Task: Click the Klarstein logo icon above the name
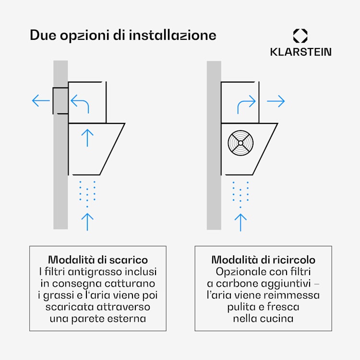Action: coord(300,36)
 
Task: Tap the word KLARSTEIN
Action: coord(300,52)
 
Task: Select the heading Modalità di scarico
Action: coord(98,260)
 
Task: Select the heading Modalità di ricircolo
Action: coord(263,260)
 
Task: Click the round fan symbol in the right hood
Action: coord(240,142)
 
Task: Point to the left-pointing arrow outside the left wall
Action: coord(41,101)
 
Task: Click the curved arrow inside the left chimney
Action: coord(80,102)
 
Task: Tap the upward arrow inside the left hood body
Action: coord(87,137)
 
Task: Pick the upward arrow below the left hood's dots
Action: coord(87,221)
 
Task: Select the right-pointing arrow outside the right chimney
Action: coord(276,101)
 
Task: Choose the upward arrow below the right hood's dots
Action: coord(240,221)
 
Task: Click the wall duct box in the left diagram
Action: coord(60,101)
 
